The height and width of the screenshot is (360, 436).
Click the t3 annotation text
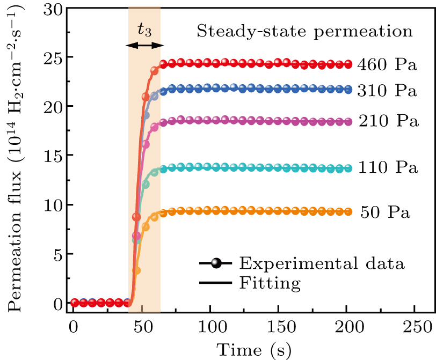point(144,30)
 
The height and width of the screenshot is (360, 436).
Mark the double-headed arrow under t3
point(144,46)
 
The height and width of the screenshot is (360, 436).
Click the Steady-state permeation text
point(305,31)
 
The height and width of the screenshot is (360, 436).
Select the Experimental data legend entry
point(322,263)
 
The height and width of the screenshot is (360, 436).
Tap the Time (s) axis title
point(253,349)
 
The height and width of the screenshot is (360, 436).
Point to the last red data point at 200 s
point(347,64)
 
